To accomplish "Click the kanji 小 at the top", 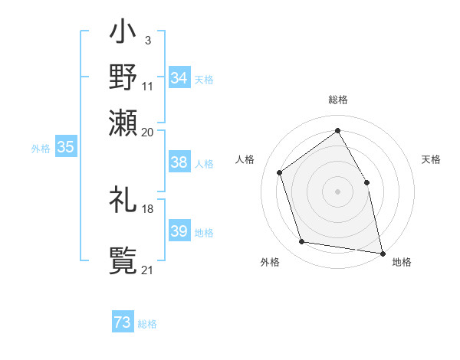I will tap(123, 34).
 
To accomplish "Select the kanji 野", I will tap(123, 77).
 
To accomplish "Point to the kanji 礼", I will tap(123, 201).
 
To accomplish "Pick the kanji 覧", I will tap(123, 260).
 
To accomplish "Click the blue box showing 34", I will tap(179, 78).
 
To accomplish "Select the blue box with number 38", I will tap(179, 162).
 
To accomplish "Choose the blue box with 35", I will tap(65, 148).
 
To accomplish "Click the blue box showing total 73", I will tap(123, 323).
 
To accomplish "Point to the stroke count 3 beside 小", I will tap(147, 40).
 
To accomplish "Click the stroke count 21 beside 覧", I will tap(147, 270).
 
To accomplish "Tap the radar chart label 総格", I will tap(337, 100).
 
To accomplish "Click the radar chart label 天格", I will tap(431, 159).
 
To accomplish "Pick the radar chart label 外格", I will tap(270, 263).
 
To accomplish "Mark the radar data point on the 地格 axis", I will tap(381, 252).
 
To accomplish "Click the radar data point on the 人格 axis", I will tap(280, 172).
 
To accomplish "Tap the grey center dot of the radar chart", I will tap(337, 191).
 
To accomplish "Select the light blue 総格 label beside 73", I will tap(147, 324).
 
